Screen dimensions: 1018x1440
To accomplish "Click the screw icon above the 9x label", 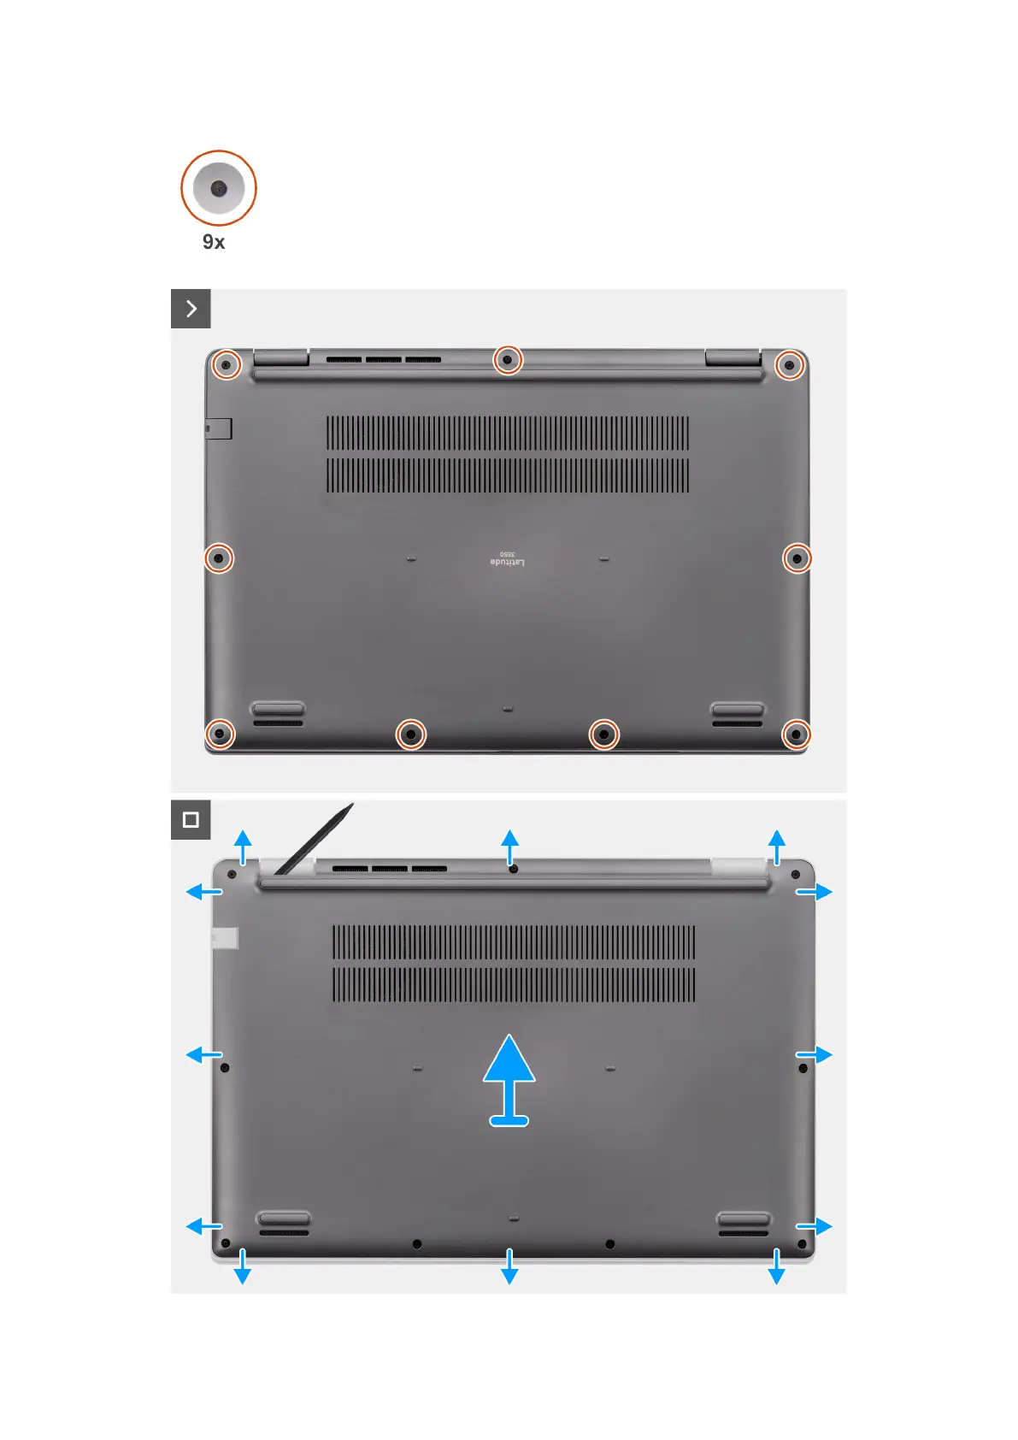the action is [x=219, y=188].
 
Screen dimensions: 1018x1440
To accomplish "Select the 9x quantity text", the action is [x=214, y=242].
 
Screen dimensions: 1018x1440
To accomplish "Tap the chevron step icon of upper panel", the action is [x=191, y=309].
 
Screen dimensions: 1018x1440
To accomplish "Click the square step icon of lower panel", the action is [x=191, y=820].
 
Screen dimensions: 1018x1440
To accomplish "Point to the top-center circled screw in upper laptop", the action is [x=508, y=360].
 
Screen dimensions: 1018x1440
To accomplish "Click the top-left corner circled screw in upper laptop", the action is [x=226, y=365].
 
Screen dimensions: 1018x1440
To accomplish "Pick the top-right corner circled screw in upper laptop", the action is [x=789, y=366].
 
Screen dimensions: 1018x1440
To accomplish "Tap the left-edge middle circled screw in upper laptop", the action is [x=219, y=558].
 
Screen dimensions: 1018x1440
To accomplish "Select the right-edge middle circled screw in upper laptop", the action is [x=797, y=558].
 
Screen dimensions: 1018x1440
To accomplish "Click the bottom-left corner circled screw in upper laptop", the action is [x=220, y=734].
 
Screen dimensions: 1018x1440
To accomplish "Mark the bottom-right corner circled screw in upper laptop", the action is [x=796, y=734].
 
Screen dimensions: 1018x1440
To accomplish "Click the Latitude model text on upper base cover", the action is [x=508, y=559].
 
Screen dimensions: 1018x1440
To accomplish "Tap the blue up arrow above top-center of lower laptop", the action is [x=509, y=847].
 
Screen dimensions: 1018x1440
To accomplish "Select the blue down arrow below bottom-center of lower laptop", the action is [x=509, y=1266].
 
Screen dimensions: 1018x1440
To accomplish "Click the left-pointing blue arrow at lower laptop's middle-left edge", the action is [x=203, y=1054].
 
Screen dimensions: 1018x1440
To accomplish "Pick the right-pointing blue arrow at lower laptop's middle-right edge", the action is [x=815, y=1054].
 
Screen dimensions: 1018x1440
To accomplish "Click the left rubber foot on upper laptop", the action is [x=278, y=709].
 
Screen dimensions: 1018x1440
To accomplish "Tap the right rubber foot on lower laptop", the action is [x=744, y=1219].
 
